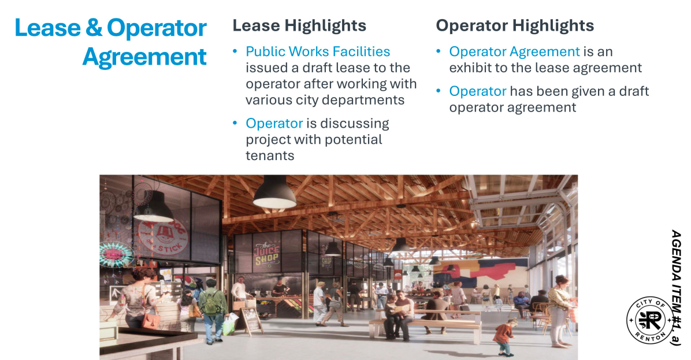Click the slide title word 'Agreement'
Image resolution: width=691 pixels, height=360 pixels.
tap(144, 57)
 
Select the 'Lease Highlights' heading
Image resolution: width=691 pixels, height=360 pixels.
tap(299, 25)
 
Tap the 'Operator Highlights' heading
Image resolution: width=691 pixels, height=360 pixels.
tap(515, 25)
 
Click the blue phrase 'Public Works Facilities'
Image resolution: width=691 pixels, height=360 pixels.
tap(318, 51)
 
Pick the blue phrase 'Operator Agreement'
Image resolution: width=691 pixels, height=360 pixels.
tap(514, 51)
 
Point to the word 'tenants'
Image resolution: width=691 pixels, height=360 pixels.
tap(270, 155)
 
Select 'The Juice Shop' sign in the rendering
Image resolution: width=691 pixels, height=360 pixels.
tap(266, 254)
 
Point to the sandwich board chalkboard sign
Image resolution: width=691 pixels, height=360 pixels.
tap(252, 321)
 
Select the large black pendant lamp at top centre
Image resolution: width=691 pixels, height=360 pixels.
tap(274, 192)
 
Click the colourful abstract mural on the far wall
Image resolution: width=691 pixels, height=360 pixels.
tap(480, 273)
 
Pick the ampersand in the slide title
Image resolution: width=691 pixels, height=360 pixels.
tap(94, 28)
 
